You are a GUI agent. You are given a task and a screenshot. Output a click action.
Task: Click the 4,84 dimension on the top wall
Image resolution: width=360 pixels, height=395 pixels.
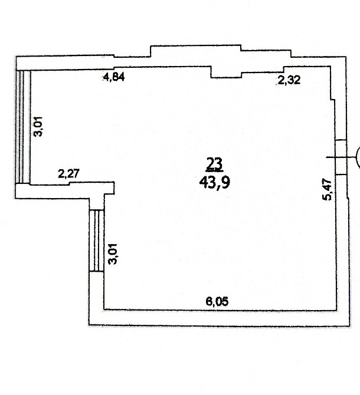pos(114,77)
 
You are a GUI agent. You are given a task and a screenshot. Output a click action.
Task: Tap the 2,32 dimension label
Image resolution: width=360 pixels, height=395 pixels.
pos(289,80)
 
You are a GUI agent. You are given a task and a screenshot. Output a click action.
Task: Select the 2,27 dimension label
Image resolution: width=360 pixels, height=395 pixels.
pos(69,173)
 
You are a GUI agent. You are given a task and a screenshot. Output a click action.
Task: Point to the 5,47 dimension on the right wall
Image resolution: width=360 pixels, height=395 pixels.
pos(328,189)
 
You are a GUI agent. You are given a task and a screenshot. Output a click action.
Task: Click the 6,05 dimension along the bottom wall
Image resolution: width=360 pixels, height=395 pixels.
pos(217,301)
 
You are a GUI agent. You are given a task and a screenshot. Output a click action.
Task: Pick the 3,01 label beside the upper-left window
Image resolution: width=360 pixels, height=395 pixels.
pos(38,127)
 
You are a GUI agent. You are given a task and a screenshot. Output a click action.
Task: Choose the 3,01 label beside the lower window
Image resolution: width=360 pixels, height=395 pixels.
pos(113,254)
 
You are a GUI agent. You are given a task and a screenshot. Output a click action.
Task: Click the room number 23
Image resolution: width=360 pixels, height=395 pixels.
pos(214,163)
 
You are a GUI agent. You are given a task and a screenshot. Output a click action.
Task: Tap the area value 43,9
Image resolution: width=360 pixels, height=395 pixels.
pos(215,182)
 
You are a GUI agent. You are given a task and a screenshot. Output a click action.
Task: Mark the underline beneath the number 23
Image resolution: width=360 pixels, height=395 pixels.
pos(214,171)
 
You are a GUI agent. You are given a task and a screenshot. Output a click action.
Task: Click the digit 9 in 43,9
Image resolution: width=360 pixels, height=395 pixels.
pos(226,182)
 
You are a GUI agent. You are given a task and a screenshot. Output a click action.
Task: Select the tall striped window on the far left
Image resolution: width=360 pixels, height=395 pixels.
pos(23,127)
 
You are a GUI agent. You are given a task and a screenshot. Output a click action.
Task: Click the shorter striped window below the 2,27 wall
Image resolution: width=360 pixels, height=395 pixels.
pos(96,241)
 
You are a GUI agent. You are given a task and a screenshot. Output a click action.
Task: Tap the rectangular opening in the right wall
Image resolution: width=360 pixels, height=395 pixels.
pos(341,157)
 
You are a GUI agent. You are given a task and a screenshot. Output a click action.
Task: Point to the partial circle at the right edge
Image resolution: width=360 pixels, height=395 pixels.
pos(358,157)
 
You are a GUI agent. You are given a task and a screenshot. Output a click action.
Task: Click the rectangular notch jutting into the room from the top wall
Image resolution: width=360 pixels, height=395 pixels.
pos(226,73)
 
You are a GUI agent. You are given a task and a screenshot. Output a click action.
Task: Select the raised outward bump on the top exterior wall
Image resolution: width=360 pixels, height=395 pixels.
pos(195,51)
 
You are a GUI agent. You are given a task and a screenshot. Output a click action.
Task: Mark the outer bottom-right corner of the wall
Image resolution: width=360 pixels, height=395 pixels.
pos(349,326)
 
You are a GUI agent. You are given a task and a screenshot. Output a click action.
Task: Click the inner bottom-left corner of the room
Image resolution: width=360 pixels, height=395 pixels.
pos(104,309)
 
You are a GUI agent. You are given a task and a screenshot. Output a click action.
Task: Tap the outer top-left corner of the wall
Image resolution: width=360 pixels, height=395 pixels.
pos(16,57)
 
